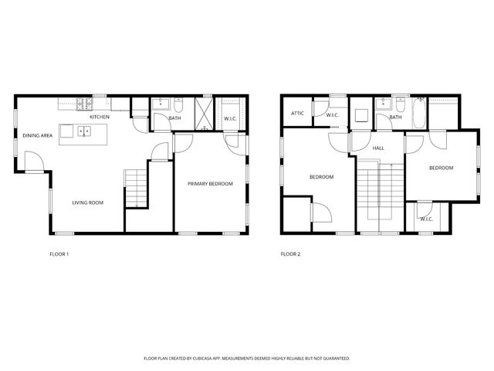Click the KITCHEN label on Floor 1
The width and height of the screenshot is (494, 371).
click(100, 117)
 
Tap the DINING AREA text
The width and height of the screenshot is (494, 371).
click(37, 135)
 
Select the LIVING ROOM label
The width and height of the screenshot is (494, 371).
click(88, 203)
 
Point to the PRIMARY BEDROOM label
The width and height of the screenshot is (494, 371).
click(210, 183)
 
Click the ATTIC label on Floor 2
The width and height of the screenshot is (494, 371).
click(297, 114)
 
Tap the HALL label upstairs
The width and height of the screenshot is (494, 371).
click(378, 148)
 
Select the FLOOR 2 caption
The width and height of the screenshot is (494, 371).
click(290, 254)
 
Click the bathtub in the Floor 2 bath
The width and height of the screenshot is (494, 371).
click(418, 114)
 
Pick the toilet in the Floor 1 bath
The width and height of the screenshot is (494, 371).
click(178, 105)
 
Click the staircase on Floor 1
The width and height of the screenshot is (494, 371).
click(136, 189)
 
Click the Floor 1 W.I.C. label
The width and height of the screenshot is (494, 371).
click(230, 118)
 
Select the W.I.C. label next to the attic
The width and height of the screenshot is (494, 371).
click(333, 115)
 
